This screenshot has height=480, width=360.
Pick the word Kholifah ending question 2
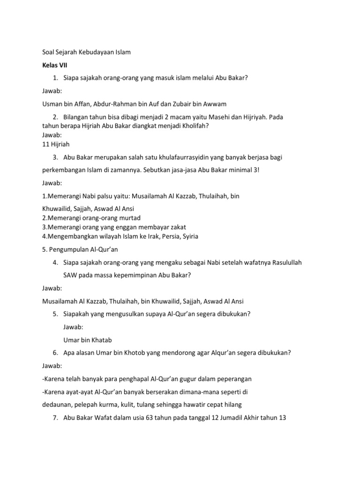pyautogui.click(x=188, y=126)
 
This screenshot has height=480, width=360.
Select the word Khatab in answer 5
pyautogui.click(x=101, y=339)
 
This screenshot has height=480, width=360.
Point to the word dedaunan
pyautogui.click(x=56, y=404)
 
